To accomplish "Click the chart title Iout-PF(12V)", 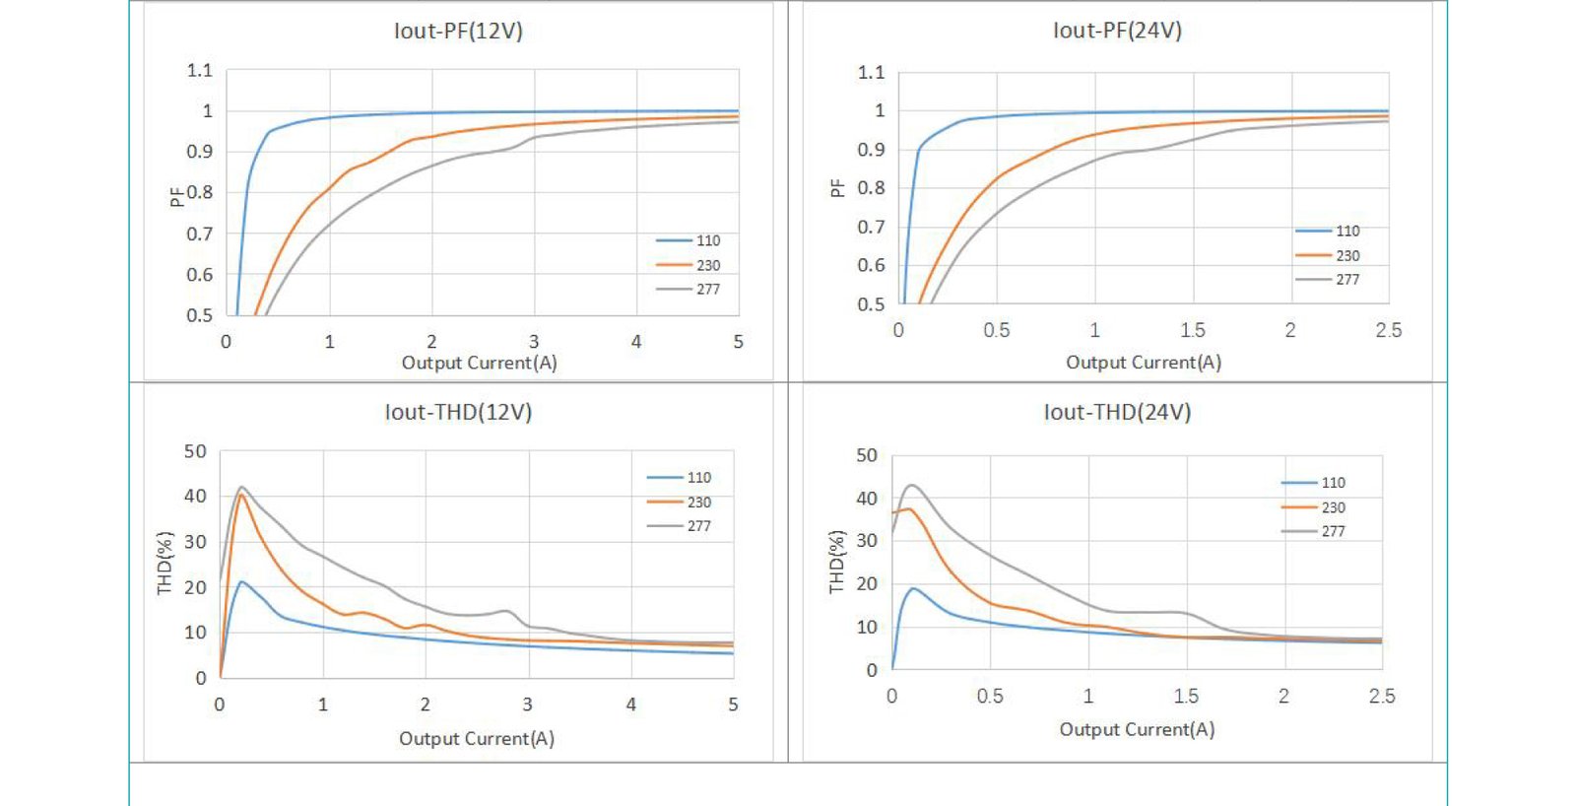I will tap(458, 31).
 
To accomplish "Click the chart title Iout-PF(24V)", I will tap(1117, 31).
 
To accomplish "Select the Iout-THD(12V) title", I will tap(458, 412).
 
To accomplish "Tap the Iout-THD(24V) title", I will tap(1117, 412).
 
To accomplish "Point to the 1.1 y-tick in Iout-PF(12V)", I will tap(199, 71).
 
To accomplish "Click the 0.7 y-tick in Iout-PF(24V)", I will tap(871, 228).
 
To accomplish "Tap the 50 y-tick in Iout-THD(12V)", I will tap(195, 452).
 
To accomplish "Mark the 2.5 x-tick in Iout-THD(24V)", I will tap(1382, 697).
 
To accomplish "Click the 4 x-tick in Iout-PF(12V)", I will tap(636, 342).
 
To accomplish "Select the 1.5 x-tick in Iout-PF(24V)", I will tap(1192, 330).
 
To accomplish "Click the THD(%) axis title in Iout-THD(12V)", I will tap(164, 564).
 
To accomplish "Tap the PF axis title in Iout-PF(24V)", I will tap(837, 188).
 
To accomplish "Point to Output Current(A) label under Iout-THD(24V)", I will tap(1137, 730).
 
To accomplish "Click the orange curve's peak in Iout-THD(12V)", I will tap(240, 495).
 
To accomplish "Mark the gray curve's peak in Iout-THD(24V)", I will tap(911, 485).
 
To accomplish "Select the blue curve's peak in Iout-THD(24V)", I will tap(913, 588).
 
